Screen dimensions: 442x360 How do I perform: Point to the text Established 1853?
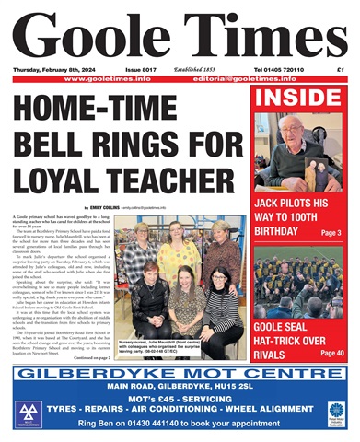(200, 70)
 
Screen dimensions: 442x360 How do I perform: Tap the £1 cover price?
(340, 70)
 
